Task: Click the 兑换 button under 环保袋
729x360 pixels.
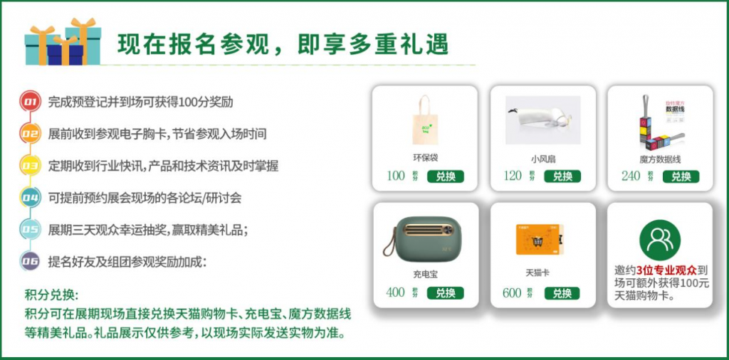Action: pos(446,176)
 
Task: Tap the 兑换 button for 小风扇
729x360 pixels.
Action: pos(562,176)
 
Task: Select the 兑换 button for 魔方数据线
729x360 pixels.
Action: pos(681,176)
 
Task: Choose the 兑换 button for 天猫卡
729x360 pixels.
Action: pos(562,292)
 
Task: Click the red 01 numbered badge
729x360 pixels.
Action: pos(30,102)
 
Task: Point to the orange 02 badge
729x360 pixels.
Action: pos(30,134)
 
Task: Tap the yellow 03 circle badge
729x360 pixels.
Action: pos(30,166)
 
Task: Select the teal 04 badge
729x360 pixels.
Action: pos(30,198)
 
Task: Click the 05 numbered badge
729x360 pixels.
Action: pos(30,230)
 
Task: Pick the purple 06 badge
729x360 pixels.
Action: pos(30,262)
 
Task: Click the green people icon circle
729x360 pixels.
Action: pos(659,240)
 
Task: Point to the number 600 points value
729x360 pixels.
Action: pos(512,292)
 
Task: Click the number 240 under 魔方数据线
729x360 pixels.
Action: pos(630,176)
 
